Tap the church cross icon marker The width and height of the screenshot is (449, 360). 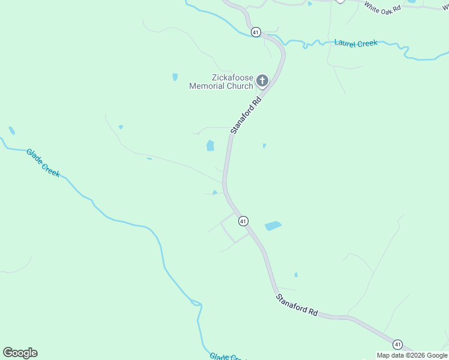pyautogui.click(x=262, y=80)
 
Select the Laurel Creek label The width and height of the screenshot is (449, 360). pyautogui.click(x=356, y=43)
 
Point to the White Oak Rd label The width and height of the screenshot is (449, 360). pyautogui.click(x=382, y=8)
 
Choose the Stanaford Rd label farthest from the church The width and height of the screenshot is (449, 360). pyautogui.click(x=297, y=304)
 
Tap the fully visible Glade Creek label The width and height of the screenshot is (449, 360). pyautogui.click(x=43, y=163)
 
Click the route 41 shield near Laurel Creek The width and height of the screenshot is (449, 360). pyautogui.click(x=256, y=32)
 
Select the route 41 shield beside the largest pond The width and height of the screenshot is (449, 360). pyautogui.click(x=243, y=221)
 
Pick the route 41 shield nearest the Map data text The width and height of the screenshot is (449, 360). pyautogui.click(x=397, y=344)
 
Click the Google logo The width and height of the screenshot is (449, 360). pyautogui.click(x=20, y=353)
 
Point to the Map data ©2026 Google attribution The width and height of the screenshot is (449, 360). pyautogui.click(x=412, y=355)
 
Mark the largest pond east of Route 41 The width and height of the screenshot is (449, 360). pyautogui.click(x=273, y=226)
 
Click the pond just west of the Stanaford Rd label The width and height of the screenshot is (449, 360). pyautogui.click(x=210, y=145)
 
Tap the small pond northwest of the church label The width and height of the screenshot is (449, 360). pyautogui.click(x=175, y=77)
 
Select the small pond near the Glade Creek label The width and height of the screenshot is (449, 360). pyautogui.click(x=11, y=130)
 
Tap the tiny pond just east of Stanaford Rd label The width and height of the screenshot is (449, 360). pyautogui.click(x=264, y=145)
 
